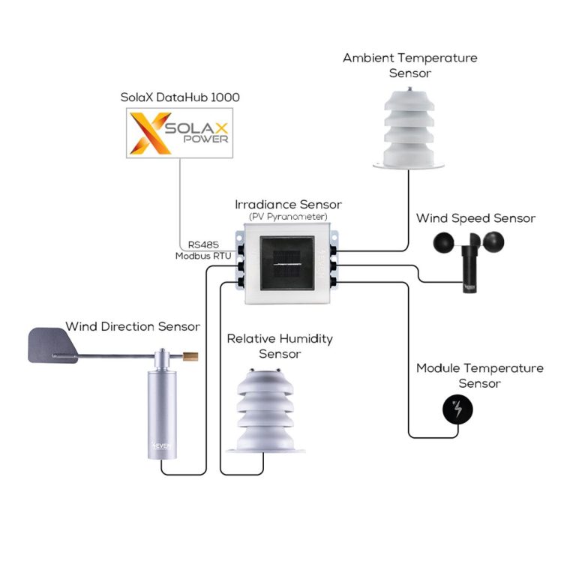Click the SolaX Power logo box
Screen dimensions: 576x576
(179, 133)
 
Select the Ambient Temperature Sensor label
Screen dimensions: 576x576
(409, 65)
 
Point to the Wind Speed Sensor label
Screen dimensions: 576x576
(475, 218)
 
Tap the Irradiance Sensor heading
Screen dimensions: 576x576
(288, 205)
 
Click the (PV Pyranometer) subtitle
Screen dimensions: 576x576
(288, 217)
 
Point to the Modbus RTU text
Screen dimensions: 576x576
(202, 256)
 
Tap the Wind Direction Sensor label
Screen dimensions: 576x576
(133, 327)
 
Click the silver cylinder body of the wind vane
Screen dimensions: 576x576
(161, 405)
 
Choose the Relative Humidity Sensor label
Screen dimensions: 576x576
(280, 346)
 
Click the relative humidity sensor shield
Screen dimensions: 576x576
(270, 409)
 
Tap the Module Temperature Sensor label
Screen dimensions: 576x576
(479, 376)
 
